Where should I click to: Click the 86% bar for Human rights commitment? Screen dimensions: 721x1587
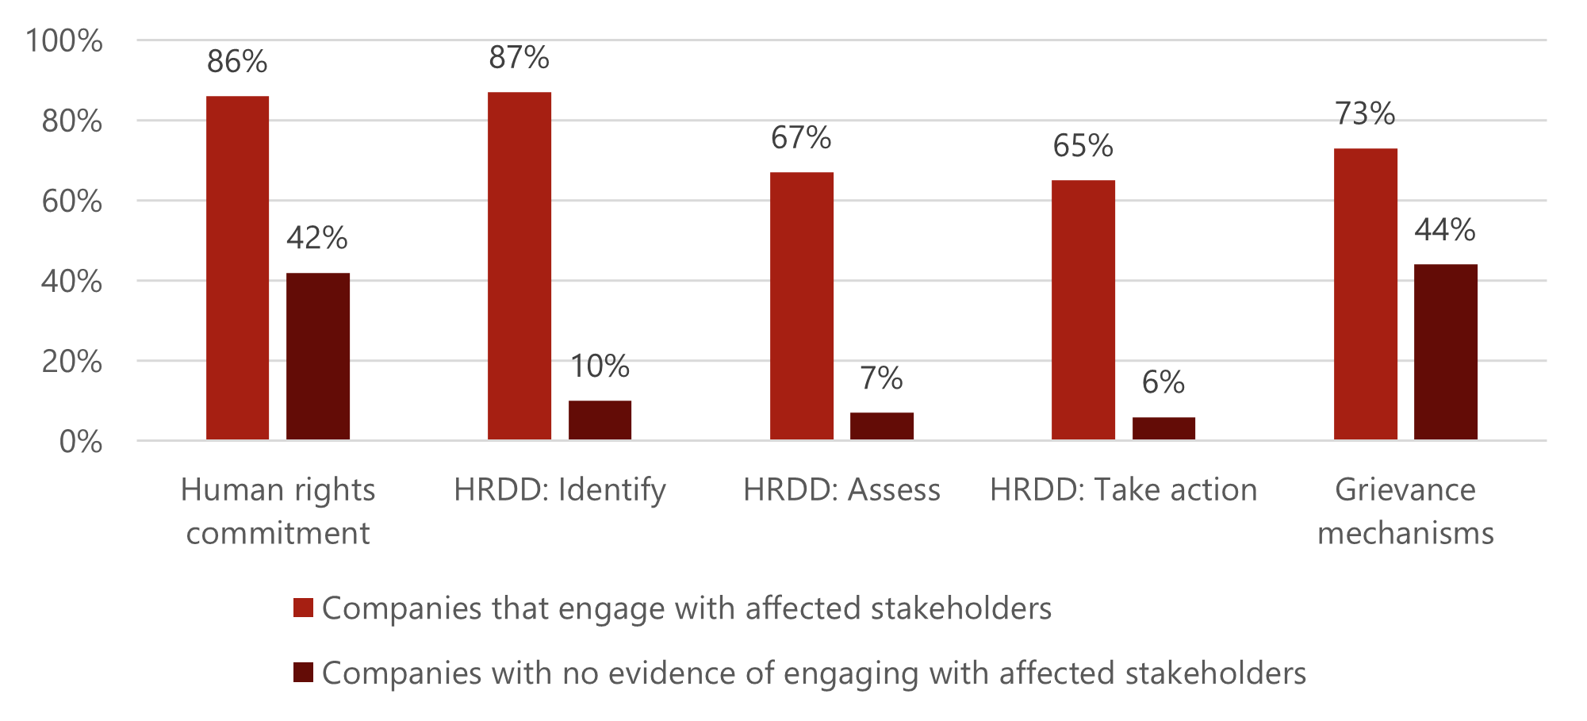click(x=237, y=268)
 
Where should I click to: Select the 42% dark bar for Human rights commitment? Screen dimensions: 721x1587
click(x=317, y=356)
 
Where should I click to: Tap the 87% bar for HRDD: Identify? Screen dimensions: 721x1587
click(x=519, y=266)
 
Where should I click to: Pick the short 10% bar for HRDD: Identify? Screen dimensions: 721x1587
click(x=600, y=420)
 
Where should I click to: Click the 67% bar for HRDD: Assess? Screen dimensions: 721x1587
click(x=801, y=306)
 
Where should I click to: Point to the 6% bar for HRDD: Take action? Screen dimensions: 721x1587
click(x=1163, y=428)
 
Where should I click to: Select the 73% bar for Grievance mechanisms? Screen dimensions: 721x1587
click(x=1365, y=294)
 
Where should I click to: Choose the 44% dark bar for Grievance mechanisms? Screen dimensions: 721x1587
click(x=1445, y=352)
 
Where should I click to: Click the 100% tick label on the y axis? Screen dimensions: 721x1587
click(x=64, y=40)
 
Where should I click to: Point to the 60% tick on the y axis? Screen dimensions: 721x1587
click(x=72, y=201)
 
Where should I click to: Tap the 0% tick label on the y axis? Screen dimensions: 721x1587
click(x=81, y=442)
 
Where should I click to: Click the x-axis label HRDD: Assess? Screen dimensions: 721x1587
click(x=841, y=490)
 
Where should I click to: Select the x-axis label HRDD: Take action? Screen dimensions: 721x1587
click(x=1123, y=490)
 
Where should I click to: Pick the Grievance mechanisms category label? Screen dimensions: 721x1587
click(x=1405, y=512)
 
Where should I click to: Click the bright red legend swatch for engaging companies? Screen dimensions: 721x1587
click(x=303, y=608)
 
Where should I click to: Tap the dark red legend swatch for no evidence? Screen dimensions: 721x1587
click(x=303, y=673)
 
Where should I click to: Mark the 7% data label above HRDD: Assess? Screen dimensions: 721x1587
click(x=881, y=378)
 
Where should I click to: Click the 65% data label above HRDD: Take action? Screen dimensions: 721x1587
click(x=1083, y=146)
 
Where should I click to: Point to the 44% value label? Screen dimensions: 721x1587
click(x=1445, y=230)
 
